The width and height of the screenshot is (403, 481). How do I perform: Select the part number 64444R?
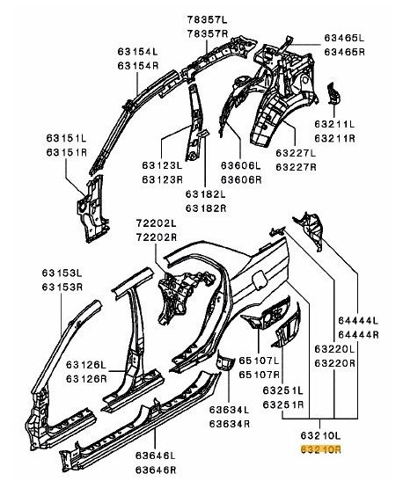point(358,335)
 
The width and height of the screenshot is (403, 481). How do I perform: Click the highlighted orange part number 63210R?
point(321,448)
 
